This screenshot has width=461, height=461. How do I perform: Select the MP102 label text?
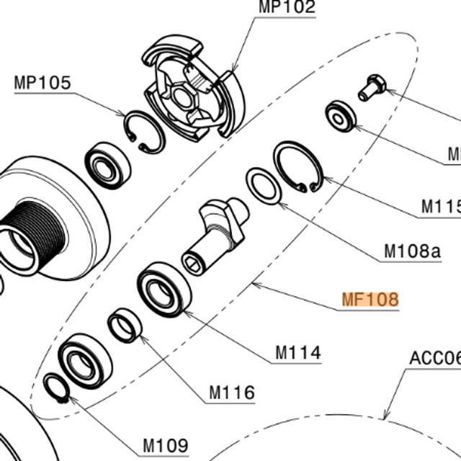[287, 8]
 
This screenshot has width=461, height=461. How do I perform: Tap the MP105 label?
[42, 83]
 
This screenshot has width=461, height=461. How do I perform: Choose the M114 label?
[298, 353]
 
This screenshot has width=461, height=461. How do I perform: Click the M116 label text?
[232, 393]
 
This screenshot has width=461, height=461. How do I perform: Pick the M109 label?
[165, 445]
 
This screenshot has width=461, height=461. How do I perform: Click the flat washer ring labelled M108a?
[264, 187]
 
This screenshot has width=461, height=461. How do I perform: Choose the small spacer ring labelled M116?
[125, 325]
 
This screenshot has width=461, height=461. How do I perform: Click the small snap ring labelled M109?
[56, 389]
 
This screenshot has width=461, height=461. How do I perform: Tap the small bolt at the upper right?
[372, 87]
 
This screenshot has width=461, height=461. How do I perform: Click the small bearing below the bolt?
[340, 116]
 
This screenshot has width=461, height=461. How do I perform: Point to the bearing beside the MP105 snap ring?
[107, 169]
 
